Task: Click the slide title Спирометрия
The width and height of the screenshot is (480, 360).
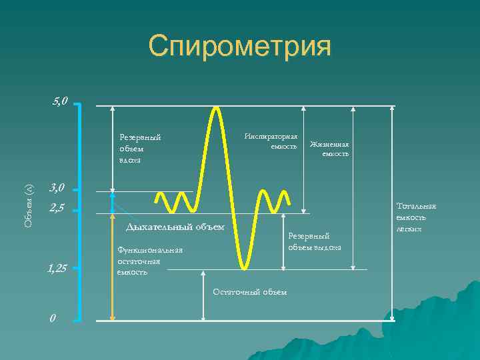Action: pyautogui.click(x=239, y=47)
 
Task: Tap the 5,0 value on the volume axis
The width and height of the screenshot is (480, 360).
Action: pyautogui.click(x=60, y=101)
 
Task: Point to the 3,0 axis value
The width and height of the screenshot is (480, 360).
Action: pyautogui.click(x=57, y=189)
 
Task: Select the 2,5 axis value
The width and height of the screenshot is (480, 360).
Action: pyautogui.click(x=57, y=208)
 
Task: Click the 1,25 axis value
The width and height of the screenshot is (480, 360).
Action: pyautogui.click(x=57, y=269)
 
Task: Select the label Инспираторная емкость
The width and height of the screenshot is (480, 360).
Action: pyautogui.click(x=271, y=141)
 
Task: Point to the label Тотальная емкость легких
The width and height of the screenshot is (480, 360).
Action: pyautogui.click(x=416, y=217)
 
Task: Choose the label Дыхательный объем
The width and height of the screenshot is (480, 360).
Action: pyautogui.click(x=175, y=227)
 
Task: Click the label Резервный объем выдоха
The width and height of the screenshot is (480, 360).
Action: pyautogui.click(x=314, y=241)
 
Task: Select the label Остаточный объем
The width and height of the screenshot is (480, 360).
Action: pyautogui.click(x=250, y=291)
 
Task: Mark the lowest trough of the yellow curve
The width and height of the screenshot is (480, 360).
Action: pyautogui.click(x=245, y=267)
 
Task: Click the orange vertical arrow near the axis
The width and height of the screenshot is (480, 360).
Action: pyautogui.click(x=112, y=267)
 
